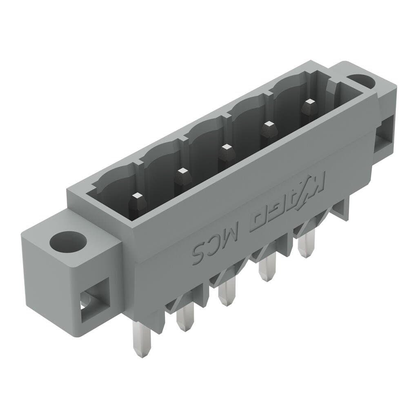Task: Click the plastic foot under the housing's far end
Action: (342, 209)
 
